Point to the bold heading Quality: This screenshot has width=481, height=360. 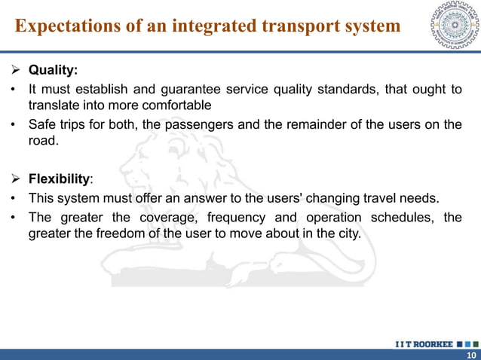[x=53, y=71]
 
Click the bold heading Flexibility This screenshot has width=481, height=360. [x=59, y=180]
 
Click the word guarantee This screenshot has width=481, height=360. [x=184, y=90]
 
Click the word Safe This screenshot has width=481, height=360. [x=42, y=125]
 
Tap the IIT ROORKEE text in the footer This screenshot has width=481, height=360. [x=423, y=344]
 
